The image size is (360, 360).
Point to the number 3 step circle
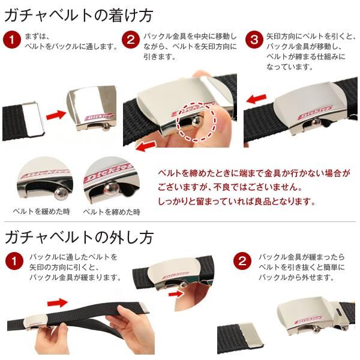[255, 40]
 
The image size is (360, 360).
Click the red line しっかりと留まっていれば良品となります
[236, 202]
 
